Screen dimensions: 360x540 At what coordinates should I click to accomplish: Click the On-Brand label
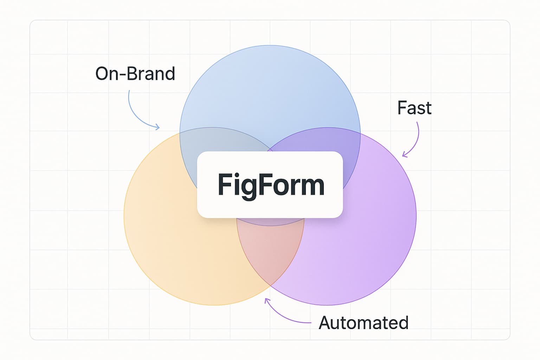pos(135,74)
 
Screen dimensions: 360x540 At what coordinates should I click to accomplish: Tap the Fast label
pos(414,108)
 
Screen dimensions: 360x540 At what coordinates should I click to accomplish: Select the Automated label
pos(363,323)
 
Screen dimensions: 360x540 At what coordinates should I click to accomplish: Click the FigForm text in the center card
pos(271,185)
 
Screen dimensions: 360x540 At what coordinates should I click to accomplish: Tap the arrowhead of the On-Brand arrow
pos(157,127)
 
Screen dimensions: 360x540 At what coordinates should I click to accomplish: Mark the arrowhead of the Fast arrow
pos(405,154)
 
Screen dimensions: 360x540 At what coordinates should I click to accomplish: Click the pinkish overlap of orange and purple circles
pos(270,253)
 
